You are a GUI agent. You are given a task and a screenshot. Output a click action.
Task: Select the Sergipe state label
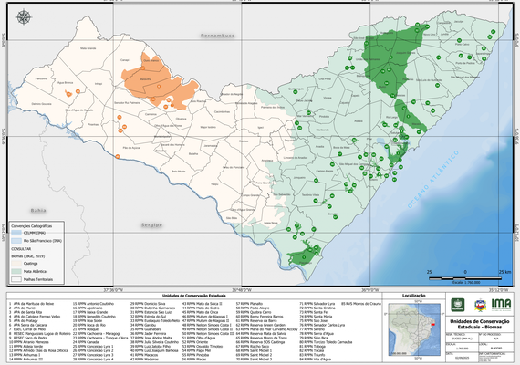pyautogui.click(x=150, y=224)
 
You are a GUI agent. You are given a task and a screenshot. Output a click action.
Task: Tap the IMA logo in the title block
pyautogui.click(x=500, y=306)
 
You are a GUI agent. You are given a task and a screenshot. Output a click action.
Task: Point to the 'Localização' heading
pyautogui.click(x=412, y=296)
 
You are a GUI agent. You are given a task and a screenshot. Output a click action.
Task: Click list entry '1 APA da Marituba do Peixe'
pyautogui.click(x=34, y=302)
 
